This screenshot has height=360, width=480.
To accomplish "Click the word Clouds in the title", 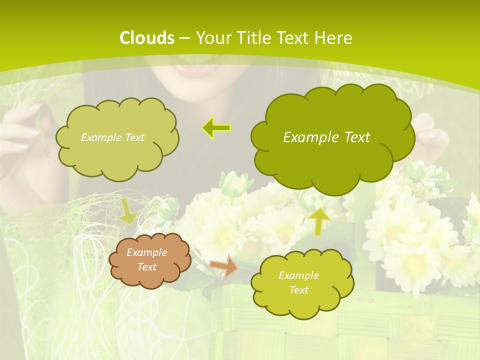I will coord(147,37).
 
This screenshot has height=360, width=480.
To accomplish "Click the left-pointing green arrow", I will coord(216,128).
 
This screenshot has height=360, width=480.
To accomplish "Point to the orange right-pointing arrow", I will coord(224,265).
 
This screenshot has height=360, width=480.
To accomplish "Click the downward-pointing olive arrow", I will coord(127,210).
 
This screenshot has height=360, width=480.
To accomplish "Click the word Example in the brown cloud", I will coord(146,252).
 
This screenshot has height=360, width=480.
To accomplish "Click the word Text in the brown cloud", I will coord(146,267).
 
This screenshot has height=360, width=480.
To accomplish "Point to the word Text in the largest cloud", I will coord(355,137).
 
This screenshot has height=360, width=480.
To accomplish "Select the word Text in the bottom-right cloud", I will coord(298,290).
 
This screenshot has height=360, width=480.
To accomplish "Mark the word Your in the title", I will coord(212,37).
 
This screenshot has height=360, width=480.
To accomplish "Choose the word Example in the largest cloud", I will coord(310,137).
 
